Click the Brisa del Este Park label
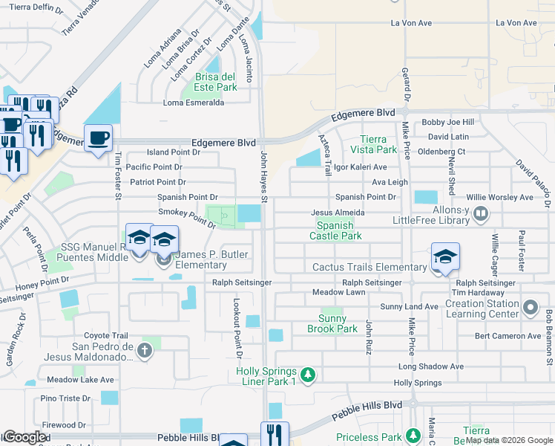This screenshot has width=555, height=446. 216,82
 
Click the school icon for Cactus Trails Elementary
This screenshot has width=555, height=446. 444,257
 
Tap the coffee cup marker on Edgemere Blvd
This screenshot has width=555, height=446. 98,138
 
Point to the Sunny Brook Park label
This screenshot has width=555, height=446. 327,323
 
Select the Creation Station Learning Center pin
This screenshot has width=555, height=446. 530,307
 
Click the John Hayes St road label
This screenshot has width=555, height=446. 263,175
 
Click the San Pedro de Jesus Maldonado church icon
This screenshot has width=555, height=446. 145,351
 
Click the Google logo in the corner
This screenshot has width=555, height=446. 24,437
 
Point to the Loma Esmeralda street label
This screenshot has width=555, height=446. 193,103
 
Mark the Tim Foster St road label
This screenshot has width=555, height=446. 117,175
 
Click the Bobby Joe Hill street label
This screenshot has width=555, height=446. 447,122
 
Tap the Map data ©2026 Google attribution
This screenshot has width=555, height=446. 509,440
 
